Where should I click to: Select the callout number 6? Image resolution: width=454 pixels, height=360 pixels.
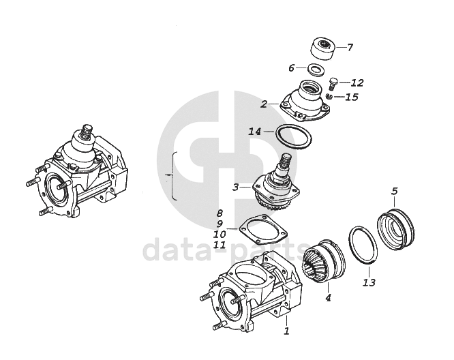[291, 67]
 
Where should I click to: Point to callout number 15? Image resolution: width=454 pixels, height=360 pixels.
[351, 97]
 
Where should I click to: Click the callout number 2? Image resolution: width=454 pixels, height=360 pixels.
[263, 104]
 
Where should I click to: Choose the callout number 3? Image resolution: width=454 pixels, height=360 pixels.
[235, 186]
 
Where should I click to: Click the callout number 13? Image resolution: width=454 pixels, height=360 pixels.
[369, 282]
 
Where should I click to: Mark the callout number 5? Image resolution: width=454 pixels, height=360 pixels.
[395, 190]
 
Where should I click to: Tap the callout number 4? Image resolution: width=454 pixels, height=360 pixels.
[328, 297]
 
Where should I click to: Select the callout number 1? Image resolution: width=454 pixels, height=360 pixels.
[287, 331]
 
